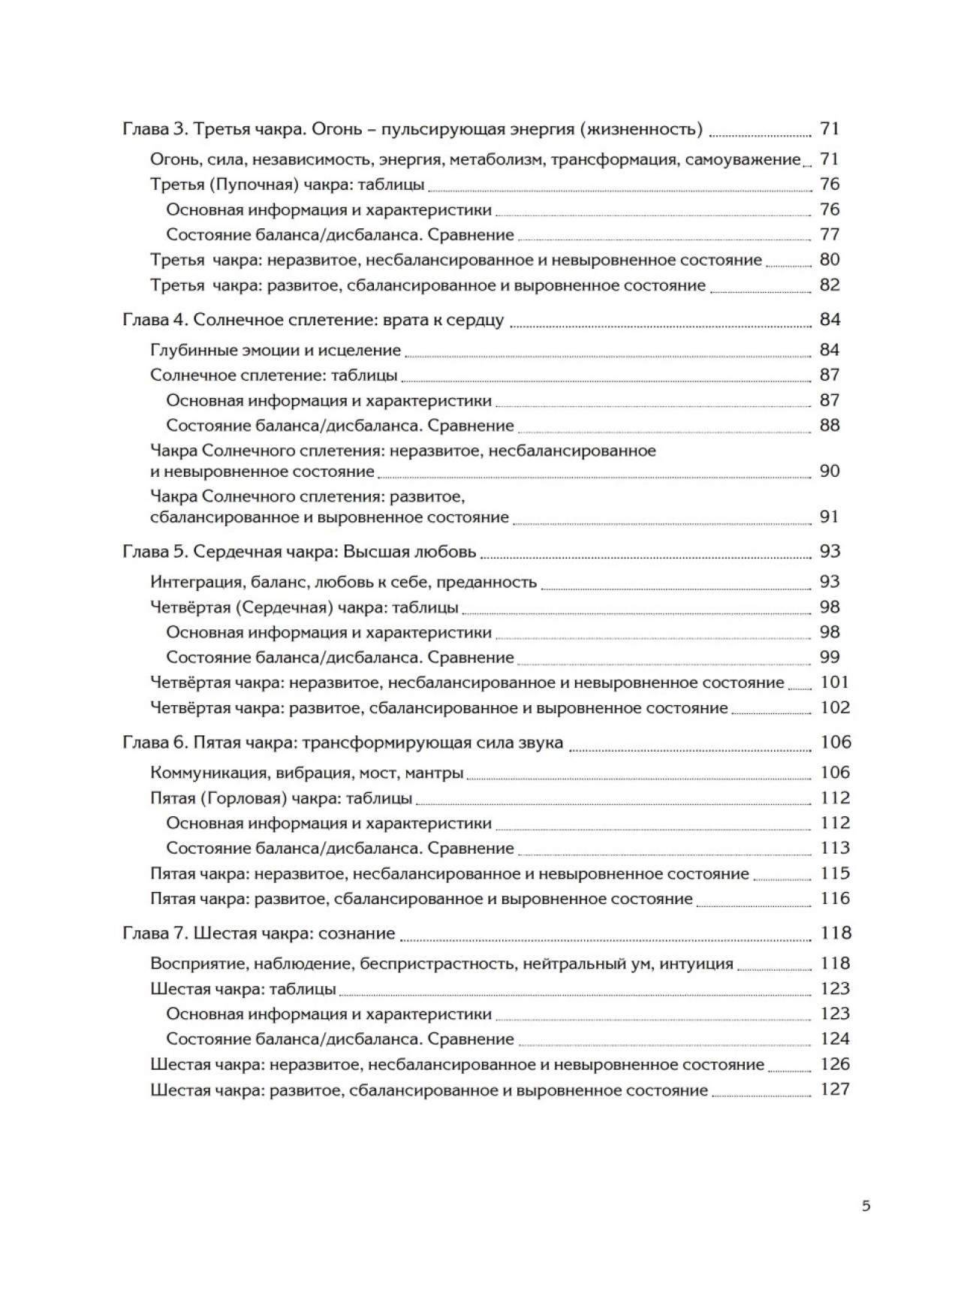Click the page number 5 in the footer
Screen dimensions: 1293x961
pos(866,1207)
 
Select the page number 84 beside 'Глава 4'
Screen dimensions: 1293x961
pos(830,320)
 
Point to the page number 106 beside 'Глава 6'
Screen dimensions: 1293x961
pos(835,743)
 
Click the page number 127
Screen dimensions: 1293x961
pos(835,1090)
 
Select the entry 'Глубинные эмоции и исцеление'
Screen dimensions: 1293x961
pos(276,351)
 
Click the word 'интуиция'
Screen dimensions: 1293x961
pos(695,963)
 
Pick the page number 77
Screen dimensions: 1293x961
pos(830,235)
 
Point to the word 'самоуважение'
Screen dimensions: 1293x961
pos(743,159)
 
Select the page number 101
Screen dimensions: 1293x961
pos(835,683)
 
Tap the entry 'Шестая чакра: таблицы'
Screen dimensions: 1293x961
pos(243,989)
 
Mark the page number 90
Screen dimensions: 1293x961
pos(830,472)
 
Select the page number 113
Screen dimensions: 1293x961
pos(835,848)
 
